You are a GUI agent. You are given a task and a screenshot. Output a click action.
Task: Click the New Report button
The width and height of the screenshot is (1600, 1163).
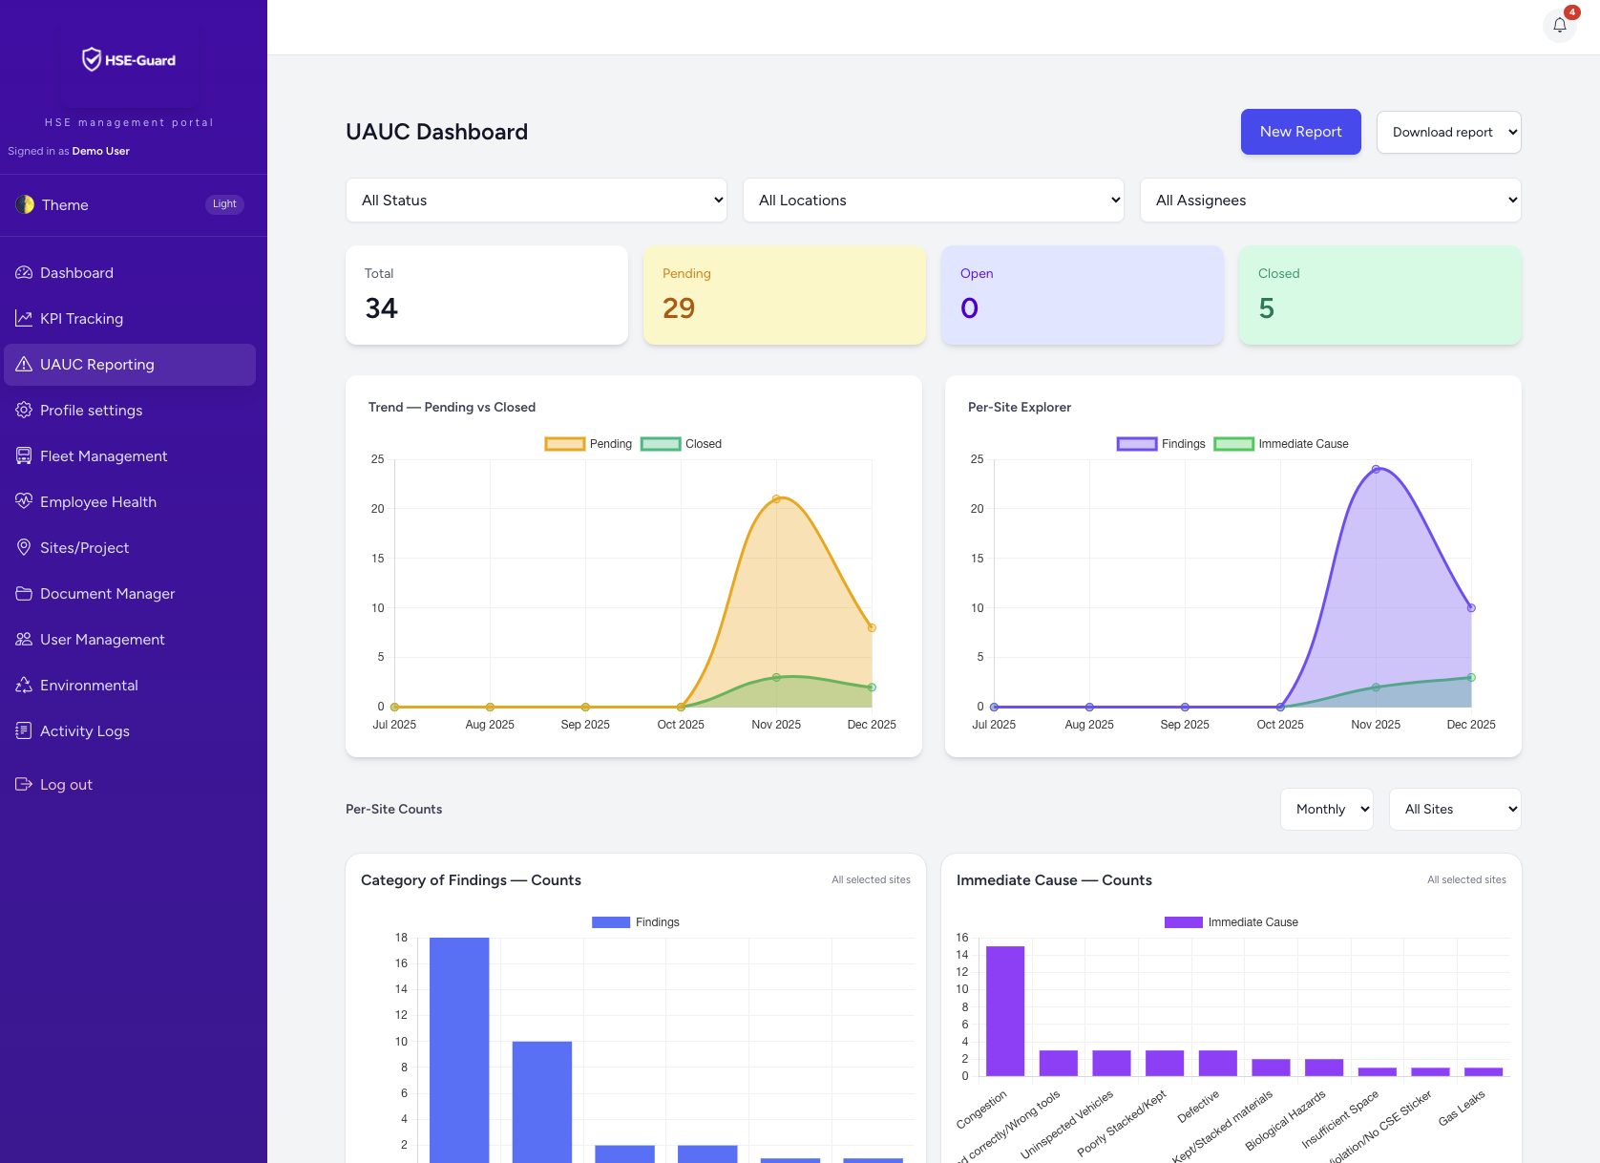[1300, 132]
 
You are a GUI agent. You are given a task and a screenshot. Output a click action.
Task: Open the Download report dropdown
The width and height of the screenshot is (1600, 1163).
[1448, 133]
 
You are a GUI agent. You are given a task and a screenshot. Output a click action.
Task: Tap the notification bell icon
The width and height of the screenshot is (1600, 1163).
[1559, 26]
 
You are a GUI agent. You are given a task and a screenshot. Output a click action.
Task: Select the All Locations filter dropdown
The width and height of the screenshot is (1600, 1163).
[933, 201]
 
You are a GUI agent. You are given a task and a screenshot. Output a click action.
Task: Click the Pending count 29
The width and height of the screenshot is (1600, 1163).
[679, 308]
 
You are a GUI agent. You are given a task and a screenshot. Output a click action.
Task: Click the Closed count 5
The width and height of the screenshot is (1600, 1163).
[1266, 308]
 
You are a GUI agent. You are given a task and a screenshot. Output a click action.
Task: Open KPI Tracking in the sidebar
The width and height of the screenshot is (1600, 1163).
[81, 319]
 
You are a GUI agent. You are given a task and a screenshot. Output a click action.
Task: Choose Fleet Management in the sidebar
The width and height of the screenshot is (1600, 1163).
[103, 456]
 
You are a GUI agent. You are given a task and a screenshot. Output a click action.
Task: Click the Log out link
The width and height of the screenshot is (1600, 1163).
[66, 785]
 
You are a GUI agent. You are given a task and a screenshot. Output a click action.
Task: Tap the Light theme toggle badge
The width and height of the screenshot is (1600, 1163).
[224, 204]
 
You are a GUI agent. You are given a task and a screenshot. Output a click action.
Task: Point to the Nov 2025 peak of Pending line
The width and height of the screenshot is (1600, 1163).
[776, 498]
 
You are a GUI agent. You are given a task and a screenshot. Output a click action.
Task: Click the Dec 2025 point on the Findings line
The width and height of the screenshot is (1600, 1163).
[1471, 607]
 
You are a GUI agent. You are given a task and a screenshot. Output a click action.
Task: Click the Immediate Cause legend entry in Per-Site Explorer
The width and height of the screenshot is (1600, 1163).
[1281, 444]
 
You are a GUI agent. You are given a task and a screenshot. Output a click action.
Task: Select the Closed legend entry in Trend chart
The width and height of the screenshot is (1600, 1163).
[682, 444]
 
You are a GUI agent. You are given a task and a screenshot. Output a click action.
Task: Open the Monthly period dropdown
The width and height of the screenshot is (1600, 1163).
[1326, 810]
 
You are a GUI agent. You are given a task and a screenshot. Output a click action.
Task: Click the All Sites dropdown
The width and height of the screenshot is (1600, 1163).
[1454, 810]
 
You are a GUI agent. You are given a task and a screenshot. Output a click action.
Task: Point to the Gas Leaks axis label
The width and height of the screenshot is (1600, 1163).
[1462, 1108]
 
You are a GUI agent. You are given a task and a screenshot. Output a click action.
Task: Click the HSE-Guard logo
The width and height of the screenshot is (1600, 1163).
[129, 60]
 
